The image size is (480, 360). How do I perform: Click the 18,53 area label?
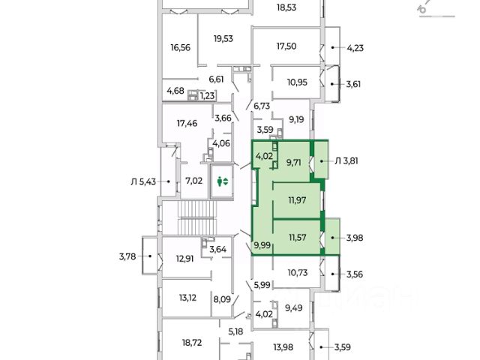pos(286,8)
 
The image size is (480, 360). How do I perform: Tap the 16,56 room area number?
pos(181,47)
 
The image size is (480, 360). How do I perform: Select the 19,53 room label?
pos(224,39)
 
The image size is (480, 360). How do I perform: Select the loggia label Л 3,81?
pos(348,159)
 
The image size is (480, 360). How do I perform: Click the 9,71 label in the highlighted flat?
pos(293,162)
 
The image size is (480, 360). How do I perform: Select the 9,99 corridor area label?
pos(262,245)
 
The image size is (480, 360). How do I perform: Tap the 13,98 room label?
pos(282,346)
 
